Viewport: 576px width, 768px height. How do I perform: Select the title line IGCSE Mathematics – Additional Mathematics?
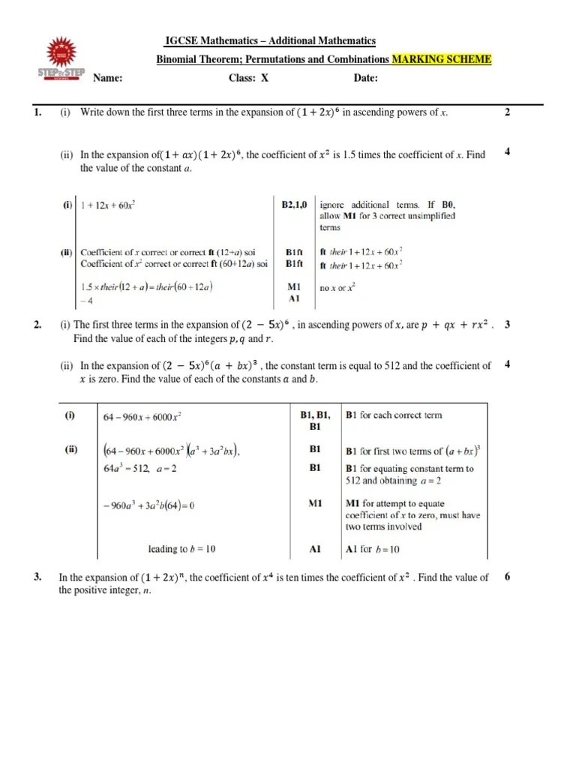[x=270, y=41]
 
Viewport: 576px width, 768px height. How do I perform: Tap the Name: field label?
[x=107, y=78]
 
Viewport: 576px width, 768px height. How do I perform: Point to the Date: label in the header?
[x=365, y=78]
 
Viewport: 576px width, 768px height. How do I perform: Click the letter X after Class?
[x=264, y=78]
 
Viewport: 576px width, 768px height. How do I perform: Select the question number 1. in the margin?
[x=36, y=112]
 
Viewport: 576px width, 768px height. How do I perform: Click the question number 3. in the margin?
[x=37, y=577]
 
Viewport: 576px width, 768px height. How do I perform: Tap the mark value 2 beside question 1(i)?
[x=507, y=112]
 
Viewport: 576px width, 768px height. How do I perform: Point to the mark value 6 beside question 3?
[x=508, y=577]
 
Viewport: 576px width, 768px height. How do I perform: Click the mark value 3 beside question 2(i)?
[x=508, y=325]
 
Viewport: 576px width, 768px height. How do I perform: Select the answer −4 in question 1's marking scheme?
[x=85, y=300]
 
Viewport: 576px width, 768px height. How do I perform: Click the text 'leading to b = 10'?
[x=181, y=549]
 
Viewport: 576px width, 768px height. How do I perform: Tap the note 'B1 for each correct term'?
[x=394, y=415]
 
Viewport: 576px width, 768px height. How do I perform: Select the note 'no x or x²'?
[x=338, y=286]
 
